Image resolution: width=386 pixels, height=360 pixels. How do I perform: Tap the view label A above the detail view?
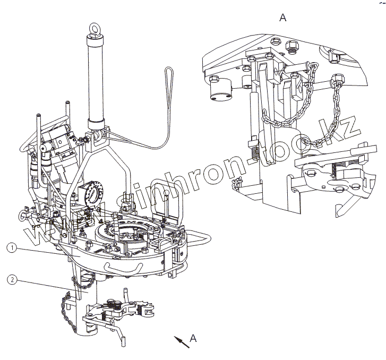[283, 18]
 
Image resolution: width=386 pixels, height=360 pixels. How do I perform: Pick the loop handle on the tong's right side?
[200, 242]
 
